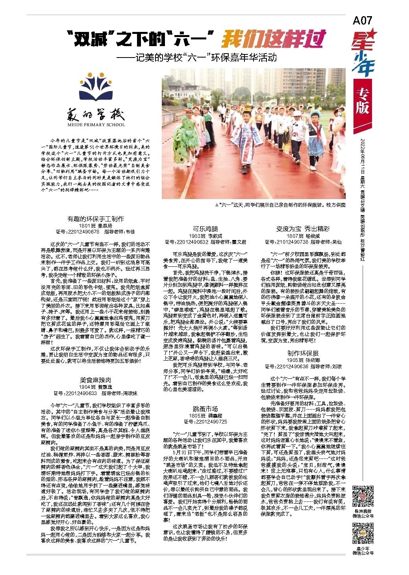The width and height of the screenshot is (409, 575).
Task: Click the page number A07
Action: point(363,20)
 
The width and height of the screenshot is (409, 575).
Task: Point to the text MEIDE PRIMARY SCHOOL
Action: point(96,125)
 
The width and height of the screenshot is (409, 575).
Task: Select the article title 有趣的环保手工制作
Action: point(96,218)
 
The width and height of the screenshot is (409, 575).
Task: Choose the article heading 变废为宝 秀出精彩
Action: point(303,228)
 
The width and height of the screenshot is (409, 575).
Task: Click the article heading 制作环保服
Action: point(303,354)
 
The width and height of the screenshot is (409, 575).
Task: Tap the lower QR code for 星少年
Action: point(362,532)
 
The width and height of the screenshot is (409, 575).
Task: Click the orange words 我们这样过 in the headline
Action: point(274,40)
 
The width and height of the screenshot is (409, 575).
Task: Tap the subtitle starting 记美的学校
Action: point(197,58)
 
